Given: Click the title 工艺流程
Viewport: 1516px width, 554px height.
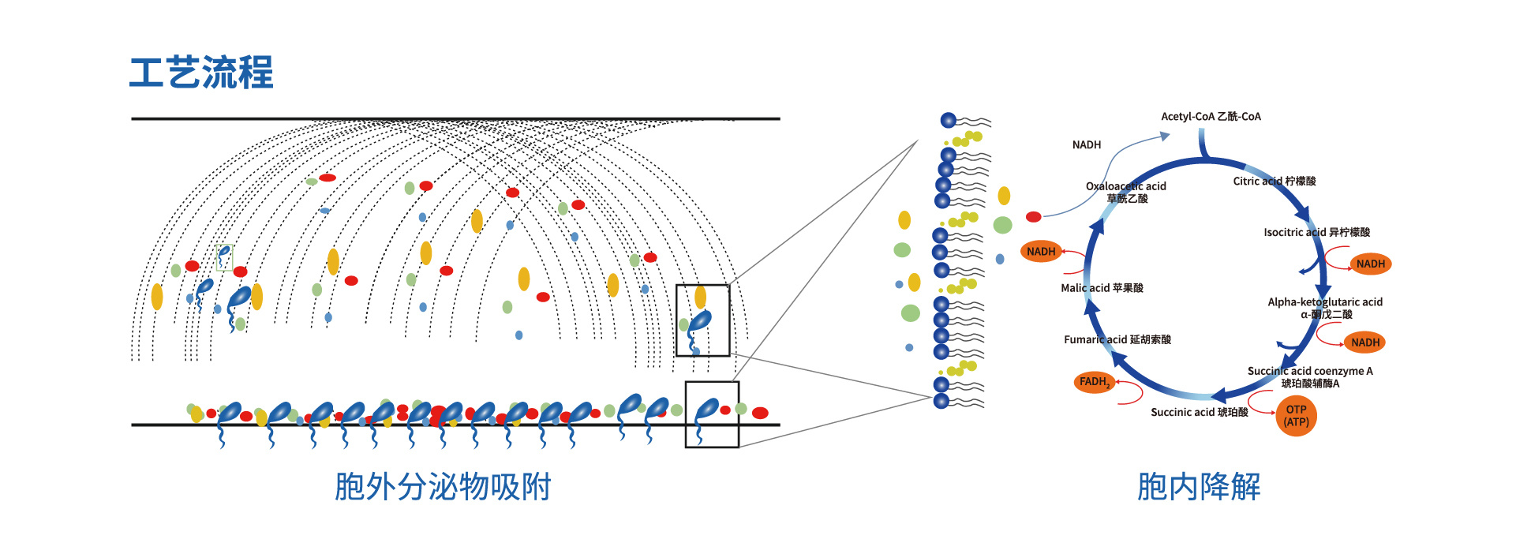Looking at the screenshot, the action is tap(201, 73).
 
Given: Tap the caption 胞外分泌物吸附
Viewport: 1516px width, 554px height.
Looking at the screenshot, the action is tap(443, 487).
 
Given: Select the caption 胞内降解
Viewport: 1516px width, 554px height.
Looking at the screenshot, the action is tap(1199, 487).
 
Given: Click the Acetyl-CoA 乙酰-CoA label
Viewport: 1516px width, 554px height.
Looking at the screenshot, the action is tap(1211, 117).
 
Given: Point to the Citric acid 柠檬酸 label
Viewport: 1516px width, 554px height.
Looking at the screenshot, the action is tap(1275, 182).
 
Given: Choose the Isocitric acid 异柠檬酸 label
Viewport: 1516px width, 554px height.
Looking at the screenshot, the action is tap(1316, 232).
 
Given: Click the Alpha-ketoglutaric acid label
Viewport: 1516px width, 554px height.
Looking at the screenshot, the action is tap(1325, 302).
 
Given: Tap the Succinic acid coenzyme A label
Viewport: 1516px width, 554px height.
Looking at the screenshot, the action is tap(1310, 371).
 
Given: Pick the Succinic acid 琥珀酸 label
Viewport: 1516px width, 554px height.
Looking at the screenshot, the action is tap(1200, 412).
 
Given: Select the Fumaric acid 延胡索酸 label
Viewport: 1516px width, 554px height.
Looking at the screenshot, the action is tap(1117, 339).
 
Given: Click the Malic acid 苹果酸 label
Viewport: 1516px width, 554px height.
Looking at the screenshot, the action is tap(1102, 288).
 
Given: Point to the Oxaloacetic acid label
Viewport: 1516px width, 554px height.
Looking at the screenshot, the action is tap(1126, 186).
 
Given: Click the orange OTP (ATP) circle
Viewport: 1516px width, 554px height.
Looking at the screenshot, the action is tap(1296, 416).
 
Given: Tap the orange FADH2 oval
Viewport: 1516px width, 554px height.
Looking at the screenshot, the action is tap(1095, 382).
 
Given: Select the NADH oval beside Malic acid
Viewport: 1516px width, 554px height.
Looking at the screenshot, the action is tap(1041, 252).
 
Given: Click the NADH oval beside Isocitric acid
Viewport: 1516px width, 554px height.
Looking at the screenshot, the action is tap(1371, 264).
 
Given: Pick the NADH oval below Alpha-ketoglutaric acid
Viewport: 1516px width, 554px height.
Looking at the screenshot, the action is tap(1365, 343).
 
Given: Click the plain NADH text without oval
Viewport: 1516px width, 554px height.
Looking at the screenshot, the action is tap(1087, 145).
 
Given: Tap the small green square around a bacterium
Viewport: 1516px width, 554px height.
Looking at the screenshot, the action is tap(225, 257).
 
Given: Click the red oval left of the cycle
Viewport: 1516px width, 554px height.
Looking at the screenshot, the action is tap(1033, 217).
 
